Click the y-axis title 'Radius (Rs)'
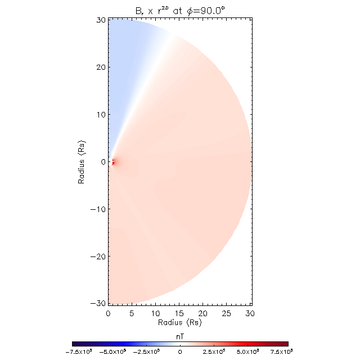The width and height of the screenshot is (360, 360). pyautogui.click(x=82, y=162)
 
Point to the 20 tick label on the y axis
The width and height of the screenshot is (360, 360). pyautogui.click(x=99, y=67)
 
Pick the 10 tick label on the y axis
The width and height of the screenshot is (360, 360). pyautogui.click(x=99, y=115)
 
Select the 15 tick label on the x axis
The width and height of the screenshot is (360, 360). pyautogui.click(x=179, y=313)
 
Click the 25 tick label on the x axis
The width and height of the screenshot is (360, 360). pyautogui.click(x=227, y=313)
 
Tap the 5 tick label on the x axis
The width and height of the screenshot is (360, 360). pyautogui.click(x=132, y=313)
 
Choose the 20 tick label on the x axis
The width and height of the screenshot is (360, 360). pyautogui.click(x=204, y=313)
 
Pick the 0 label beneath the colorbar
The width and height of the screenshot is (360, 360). pyautogui.click(x=180, y=351)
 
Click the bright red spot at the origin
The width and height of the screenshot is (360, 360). pyautogui.click(x=113, y=163)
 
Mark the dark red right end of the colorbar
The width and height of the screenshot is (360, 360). pyautogui.click(x=286, y=343)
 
